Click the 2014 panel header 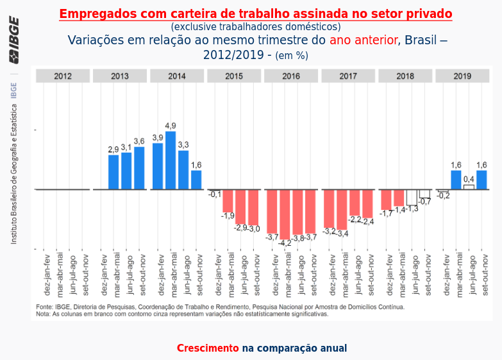(x=177, y=76)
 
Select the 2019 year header (x=462, y=76)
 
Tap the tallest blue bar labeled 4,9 (x=171, y=160)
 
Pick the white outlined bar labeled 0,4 (x=469, y=187)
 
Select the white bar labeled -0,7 (x=424, y=193)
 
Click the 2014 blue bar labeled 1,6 (x=196, y=180)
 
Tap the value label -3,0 (x=254, y=229)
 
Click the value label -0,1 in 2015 (x=215, y=194)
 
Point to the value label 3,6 (x=139, y=142)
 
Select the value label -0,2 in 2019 (x=443, y=196)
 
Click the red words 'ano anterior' (x=363, y=40)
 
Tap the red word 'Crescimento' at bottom (x=208, y=348)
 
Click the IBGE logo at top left (x=13, y=40)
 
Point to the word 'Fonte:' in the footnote (x=44, y=307)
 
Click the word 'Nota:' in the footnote (x=43, y=314)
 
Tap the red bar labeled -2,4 (x=367, y=203)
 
